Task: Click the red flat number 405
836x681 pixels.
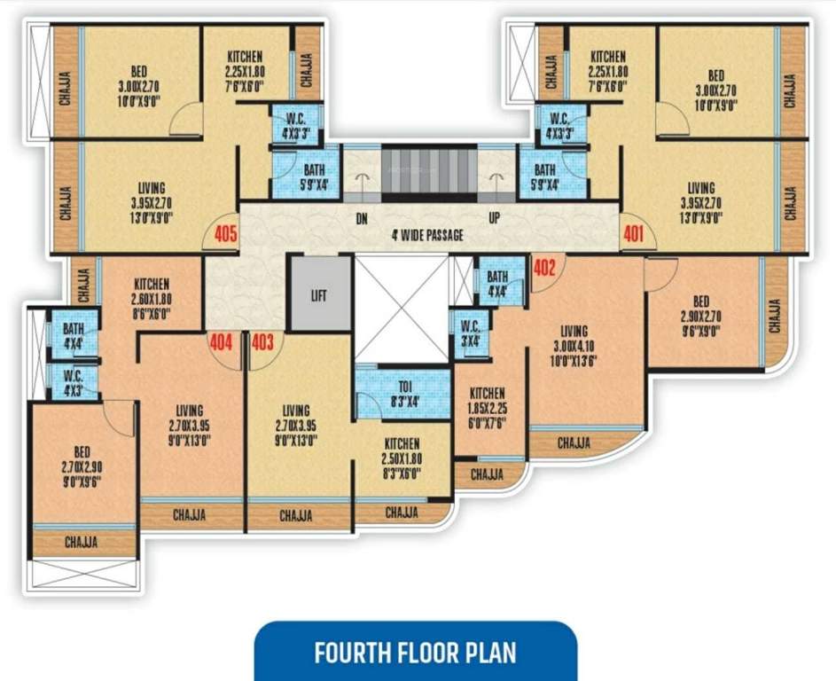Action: (x=225, y=235)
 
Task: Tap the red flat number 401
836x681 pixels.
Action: (x=633, y=235)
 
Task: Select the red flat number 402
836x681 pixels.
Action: (x=543, y=264)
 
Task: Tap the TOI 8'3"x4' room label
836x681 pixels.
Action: (x=402, y=392)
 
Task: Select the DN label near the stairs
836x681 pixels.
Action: (x=361, y=217)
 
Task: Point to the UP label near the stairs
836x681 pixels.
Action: (x=494, y=217)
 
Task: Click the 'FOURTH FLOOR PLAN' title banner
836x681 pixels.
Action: (x=416, y=653)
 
